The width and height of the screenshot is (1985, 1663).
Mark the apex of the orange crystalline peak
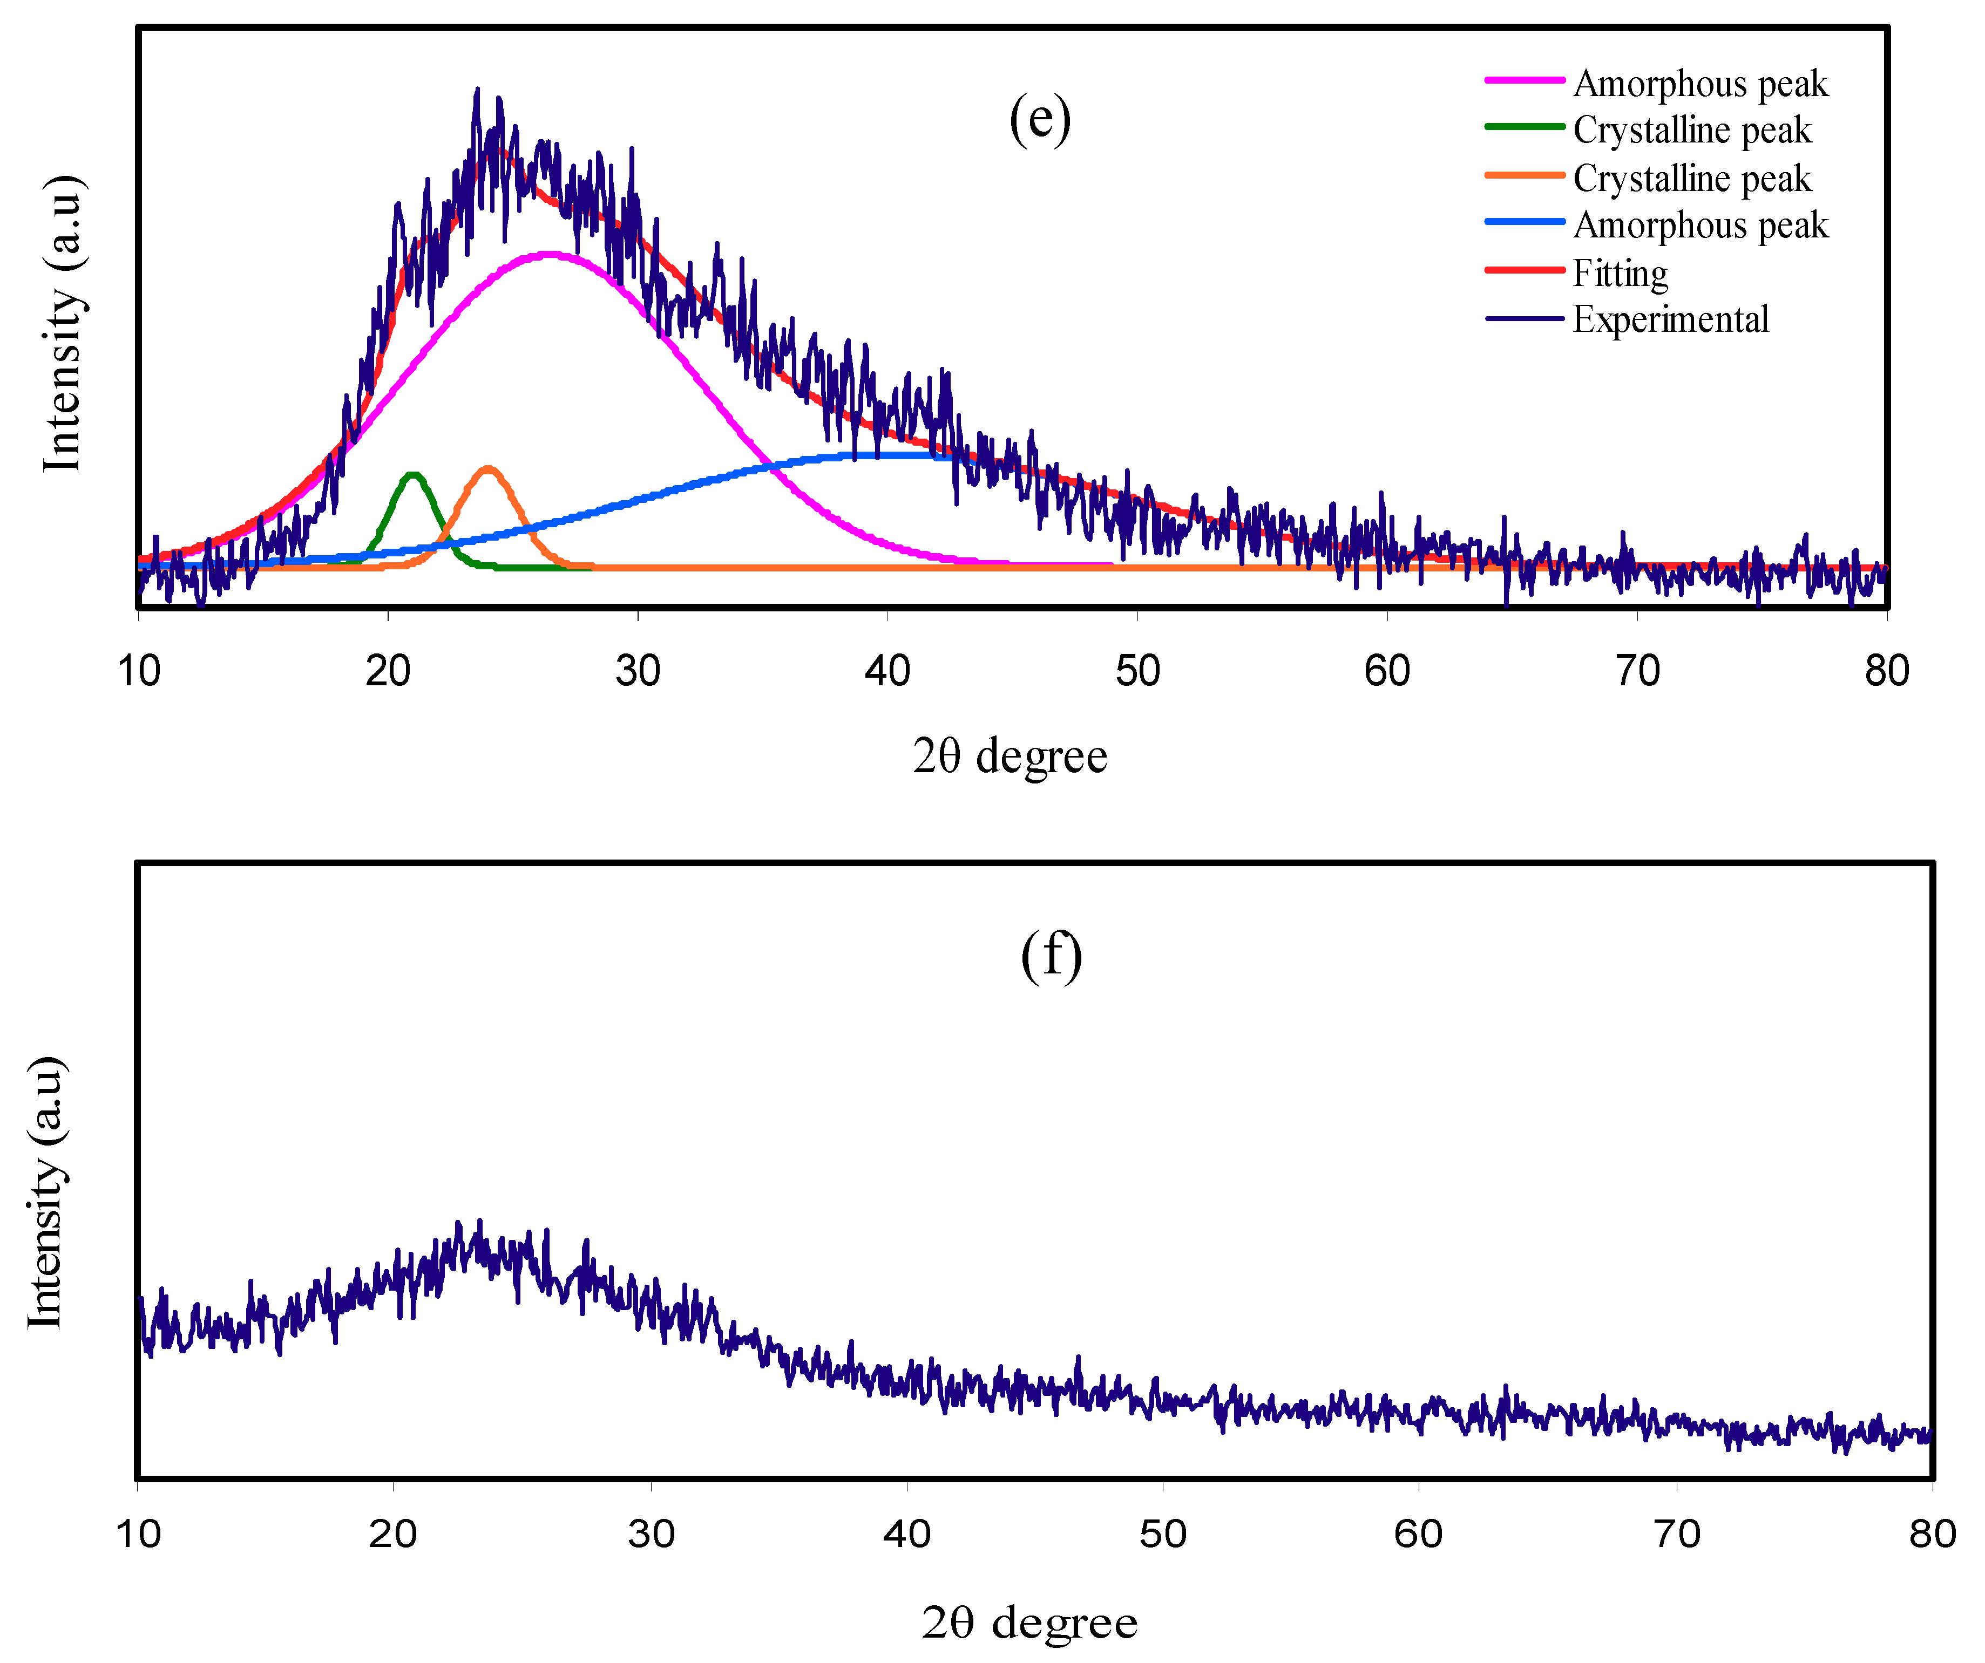click(487, 469)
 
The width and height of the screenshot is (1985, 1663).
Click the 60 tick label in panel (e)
click(1387, 671)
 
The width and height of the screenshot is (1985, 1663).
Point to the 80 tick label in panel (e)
click(1886, 671)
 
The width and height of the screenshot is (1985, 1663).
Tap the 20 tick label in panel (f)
click(392, 1533)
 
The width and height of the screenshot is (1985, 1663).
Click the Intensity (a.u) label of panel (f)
click(44, 1192)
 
